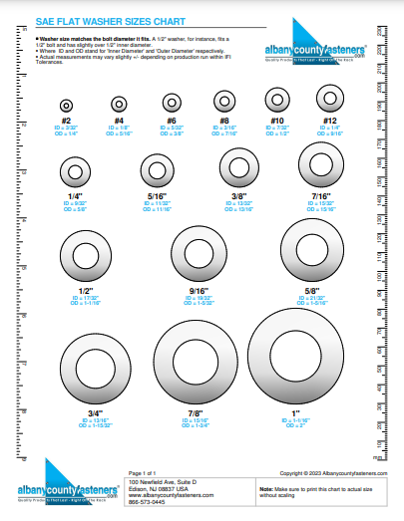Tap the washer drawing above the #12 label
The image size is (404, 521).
pos(329,98)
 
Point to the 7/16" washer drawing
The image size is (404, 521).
pos(323,164)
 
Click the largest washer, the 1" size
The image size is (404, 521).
pos(292,354)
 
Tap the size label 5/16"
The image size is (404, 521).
pos(158,198)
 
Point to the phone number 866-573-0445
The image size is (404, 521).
pos(147,502)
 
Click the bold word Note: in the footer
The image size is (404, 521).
pos(266,489)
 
